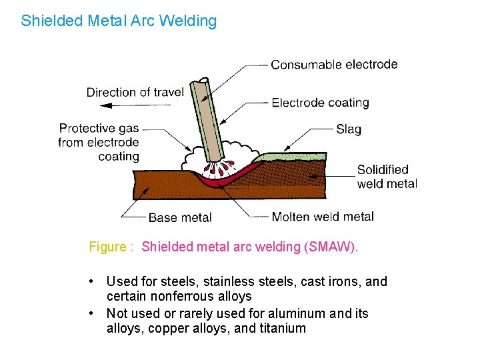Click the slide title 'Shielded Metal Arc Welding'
click(119, 21)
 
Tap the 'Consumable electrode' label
click(334, 65)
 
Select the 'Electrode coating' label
click(320, 103)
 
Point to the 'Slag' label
click(349, 129)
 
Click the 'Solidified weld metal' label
click(387, 177)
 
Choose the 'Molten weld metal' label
click(323, 216)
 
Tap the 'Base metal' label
click(179, 217)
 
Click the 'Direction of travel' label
click(135, 92)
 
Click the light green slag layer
click(293, 157)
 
